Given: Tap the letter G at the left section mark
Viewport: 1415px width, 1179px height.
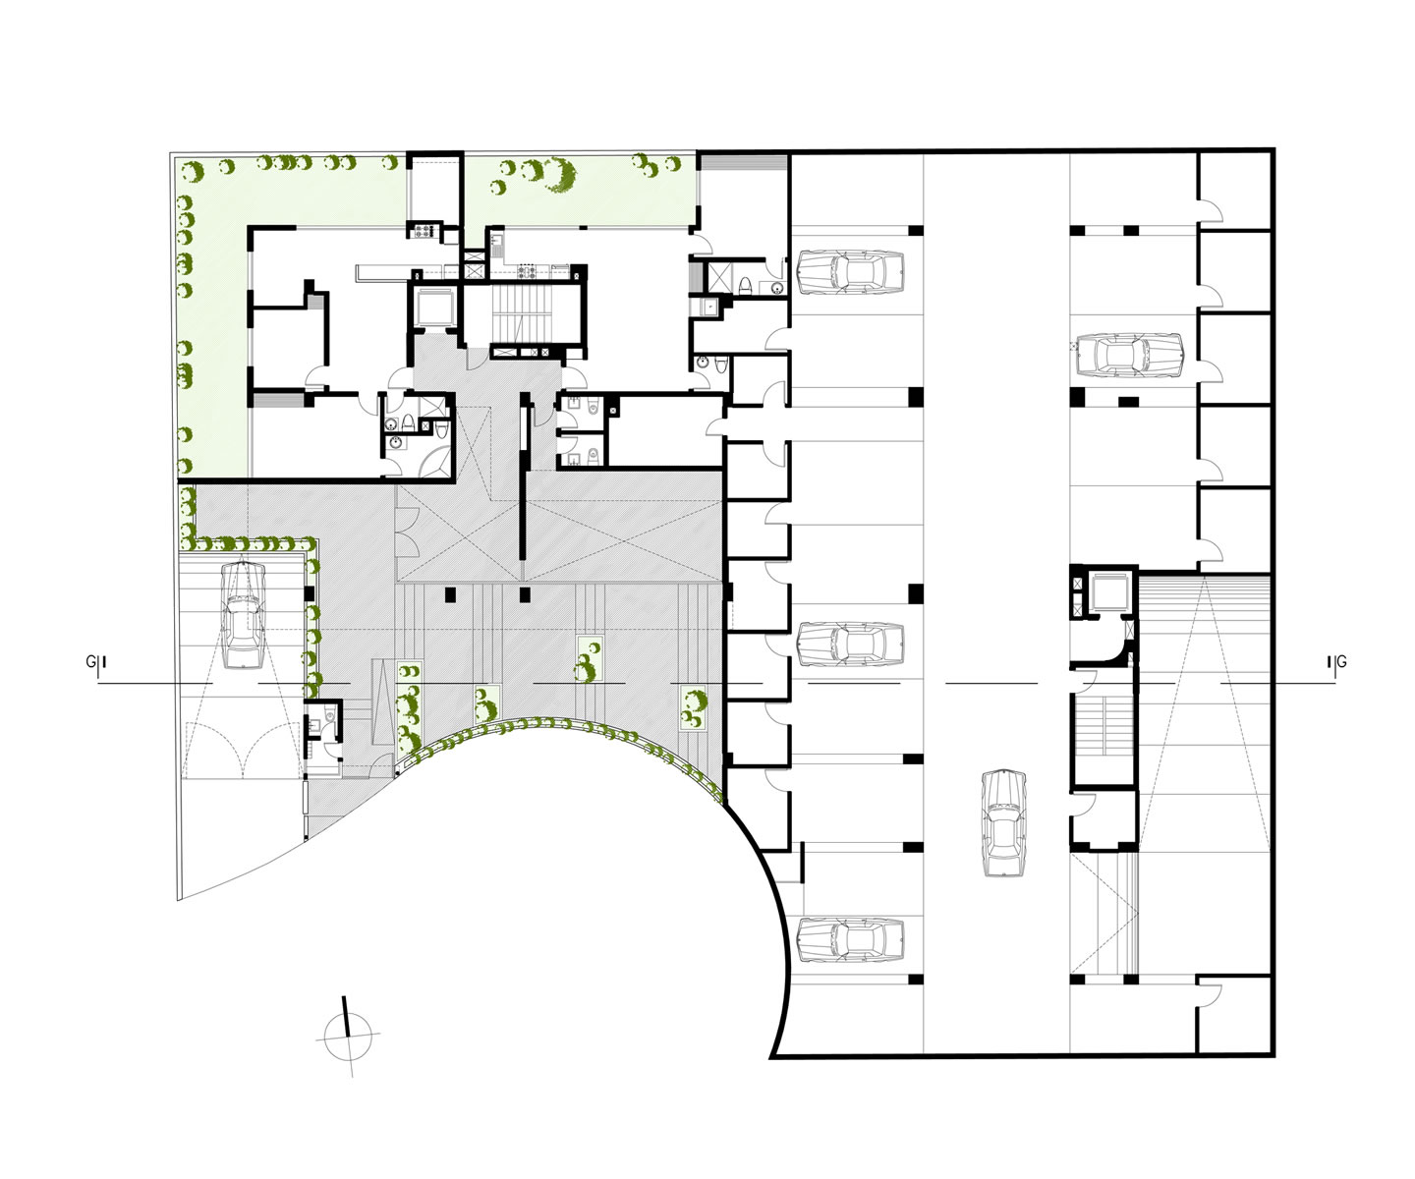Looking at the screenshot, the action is click(x=90, y=662).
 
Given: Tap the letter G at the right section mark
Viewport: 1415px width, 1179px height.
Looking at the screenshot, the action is click(x=1341, y=662).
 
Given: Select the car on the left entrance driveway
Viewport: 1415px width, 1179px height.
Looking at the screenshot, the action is click(x=244, y=614).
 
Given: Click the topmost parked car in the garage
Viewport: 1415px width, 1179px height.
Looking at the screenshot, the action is click(x=851, y=272).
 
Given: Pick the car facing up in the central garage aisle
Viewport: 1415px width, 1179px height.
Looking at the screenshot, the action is click(x=1004, y=822).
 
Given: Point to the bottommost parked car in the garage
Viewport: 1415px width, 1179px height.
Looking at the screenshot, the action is click(x=851, y=940).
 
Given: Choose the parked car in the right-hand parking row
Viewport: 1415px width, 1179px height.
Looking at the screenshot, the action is click(x=1130, y=355).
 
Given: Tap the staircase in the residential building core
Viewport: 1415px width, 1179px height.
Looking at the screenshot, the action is click(x=519, y=315).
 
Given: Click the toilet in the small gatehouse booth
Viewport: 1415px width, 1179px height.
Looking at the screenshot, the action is click(x=329, y=714).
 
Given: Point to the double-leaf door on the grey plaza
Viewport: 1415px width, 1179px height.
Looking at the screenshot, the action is click(x=407, y=528).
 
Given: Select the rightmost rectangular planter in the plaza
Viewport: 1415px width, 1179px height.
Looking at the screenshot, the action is click(x=694, y=708).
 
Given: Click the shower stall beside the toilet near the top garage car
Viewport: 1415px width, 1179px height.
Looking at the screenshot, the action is click(x=720, y=278).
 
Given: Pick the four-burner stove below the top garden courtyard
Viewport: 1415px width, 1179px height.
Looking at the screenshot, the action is click(x=527, y=272).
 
